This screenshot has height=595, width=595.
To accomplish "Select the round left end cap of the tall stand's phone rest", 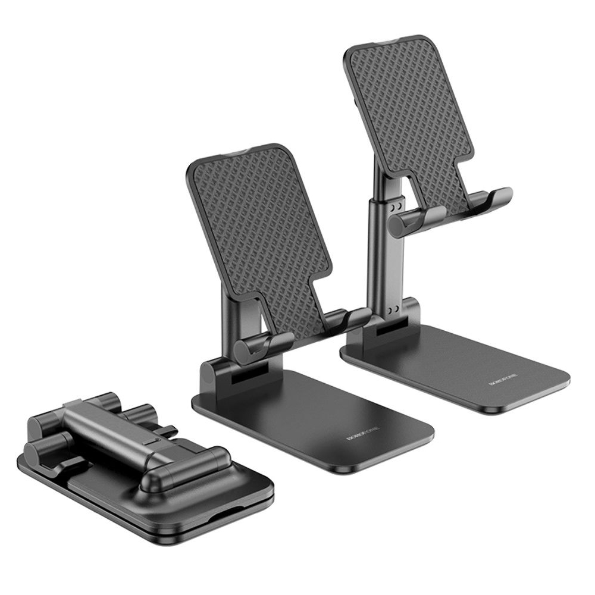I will (x=400, y=223).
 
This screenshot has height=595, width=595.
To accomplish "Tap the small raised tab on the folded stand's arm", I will (x=151, y=442).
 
